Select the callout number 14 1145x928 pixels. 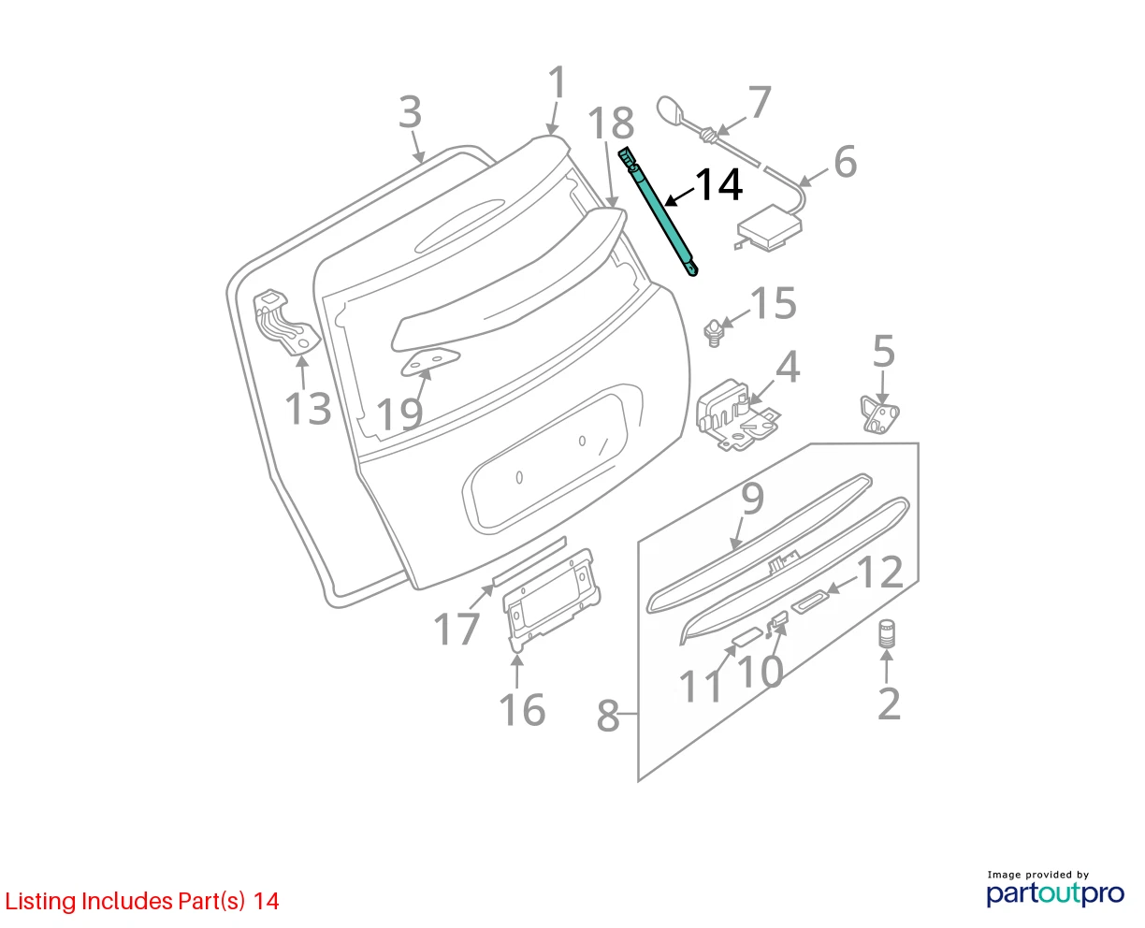tap(718, 185)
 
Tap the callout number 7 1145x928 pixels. tap(760, 102)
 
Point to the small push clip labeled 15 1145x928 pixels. tap(713, 332)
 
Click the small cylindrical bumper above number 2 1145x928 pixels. tap(887, 634)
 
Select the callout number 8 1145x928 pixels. tap(608, 717)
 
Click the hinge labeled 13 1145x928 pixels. tap(285, 323)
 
